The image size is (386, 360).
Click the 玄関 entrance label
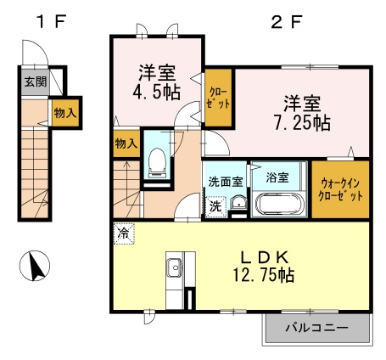point(35,82)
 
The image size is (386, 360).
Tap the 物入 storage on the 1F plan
point(65,113)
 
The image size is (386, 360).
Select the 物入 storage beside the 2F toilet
point(126,143)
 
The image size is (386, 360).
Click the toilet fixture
point(157,163)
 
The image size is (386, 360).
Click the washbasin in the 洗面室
point(239,203)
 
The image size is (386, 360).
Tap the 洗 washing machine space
point(215,207)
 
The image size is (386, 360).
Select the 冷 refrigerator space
point(124,233)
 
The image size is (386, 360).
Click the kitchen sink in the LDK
point(175,268)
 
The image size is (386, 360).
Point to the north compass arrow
point(36,267)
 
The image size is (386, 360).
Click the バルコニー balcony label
point(316,328)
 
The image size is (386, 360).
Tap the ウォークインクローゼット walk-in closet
point(340,189)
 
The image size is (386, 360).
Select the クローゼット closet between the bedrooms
point(219,98)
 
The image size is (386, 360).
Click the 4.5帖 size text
point(157,93)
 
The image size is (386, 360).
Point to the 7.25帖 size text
point(303,123)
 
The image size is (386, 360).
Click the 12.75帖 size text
point(264,275)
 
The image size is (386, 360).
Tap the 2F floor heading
point(287,22)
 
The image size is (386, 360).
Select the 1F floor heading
point(52,21)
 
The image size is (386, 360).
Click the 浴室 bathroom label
point(277,177)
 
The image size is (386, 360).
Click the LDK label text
point(265,257)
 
